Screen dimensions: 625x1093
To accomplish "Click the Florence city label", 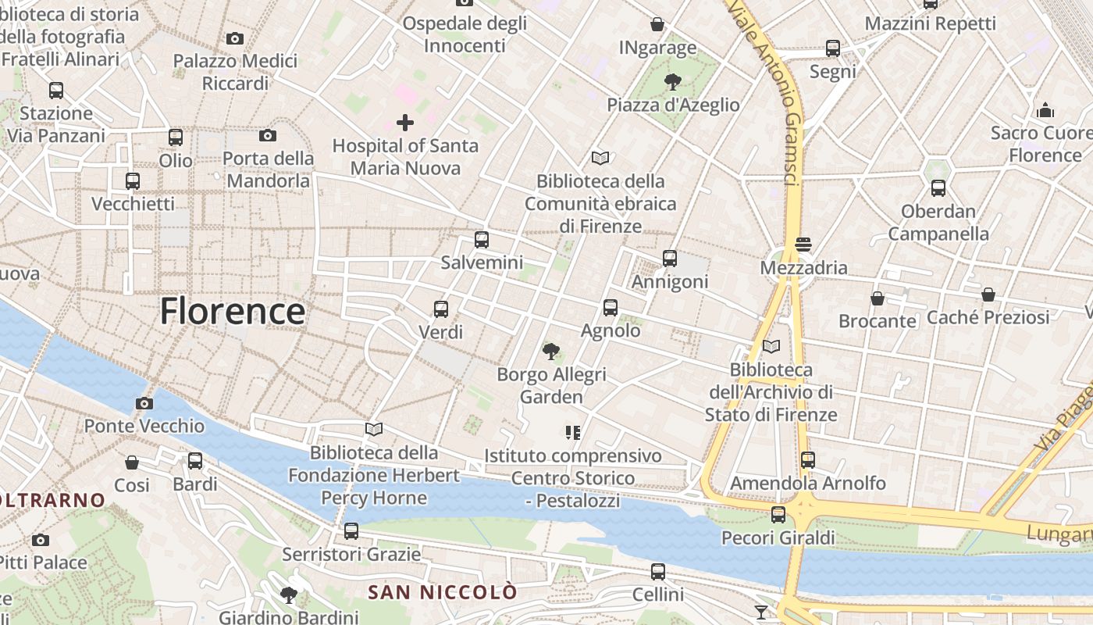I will coord(233,311).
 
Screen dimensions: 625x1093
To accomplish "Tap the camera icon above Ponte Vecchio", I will coord(144,404).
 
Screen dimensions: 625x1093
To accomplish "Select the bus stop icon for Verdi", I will coord(441,309).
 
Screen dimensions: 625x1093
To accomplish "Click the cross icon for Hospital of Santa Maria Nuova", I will coord(405,122).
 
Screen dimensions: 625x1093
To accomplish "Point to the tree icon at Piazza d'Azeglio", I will coord(672,81).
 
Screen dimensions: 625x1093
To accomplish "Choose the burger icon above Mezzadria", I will coord(803,245).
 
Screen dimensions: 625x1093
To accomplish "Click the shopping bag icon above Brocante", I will coord(878,298).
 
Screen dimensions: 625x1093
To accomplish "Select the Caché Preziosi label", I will coord(988,317).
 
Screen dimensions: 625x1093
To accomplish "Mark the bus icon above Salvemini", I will coord(482,240).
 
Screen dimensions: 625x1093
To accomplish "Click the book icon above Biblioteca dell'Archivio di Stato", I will coord(771,346).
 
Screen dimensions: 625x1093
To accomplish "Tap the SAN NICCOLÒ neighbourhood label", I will coord(442,592).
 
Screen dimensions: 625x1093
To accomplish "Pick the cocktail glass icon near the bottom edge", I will coord(761,612).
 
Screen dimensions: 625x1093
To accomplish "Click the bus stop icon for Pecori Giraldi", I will coord(778,515).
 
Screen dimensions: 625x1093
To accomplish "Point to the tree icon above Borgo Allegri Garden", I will coord(551,352).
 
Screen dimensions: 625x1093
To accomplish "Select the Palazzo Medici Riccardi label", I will coord(235,72).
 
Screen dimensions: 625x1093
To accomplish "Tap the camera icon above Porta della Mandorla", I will coord(268,136).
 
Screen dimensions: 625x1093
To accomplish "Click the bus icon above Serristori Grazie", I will coord(351,531).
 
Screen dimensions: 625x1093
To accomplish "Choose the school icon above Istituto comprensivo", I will coord(573,432).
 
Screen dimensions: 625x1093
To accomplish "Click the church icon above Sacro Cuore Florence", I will coord(1045,110).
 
